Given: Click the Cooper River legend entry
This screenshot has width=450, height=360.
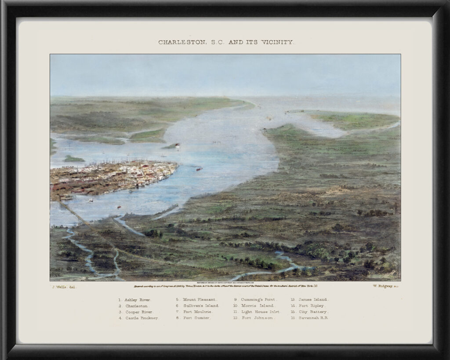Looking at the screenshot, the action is pos(137,312).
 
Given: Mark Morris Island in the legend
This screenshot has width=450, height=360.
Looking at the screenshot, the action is pos(257,305).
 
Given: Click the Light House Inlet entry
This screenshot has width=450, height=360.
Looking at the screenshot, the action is pos(260,312).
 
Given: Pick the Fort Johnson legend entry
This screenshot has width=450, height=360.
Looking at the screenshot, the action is pos(257,318).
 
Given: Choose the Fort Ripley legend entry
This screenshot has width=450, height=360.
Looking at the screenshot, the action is pos(312,305).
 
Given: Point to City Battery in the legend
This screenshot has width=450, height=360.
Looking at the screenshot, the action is pos(313,312).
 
